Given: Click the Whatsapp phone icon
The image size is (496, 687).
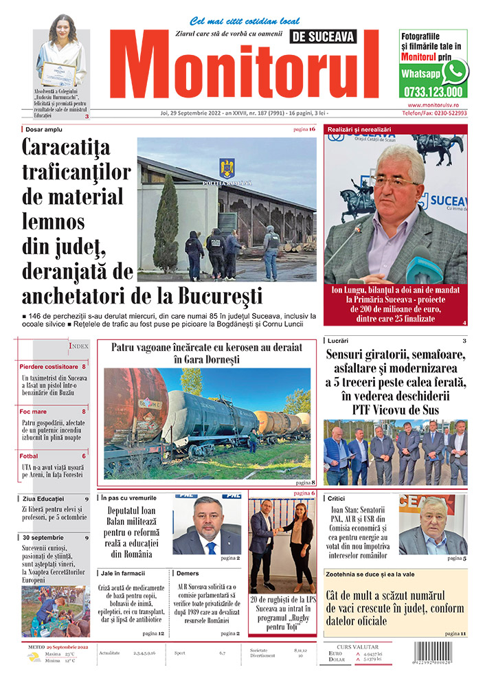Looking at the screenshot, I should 455,71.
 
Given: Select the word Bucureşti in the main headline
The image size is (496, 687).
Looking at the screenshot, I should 219,297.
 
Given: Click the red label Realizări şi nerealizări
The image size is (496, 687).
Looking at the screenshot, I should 359,129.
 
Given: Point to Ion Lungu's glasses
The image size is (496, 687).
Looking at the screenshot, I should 394,180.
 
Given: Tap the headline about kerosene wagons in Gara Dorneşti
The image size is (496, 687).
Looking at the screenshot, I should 207,353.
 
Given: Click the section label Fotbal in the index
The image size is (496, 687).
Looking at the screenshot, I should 30,456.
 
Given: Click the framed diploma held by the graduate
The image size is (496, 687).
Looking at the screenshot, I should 57,72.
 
